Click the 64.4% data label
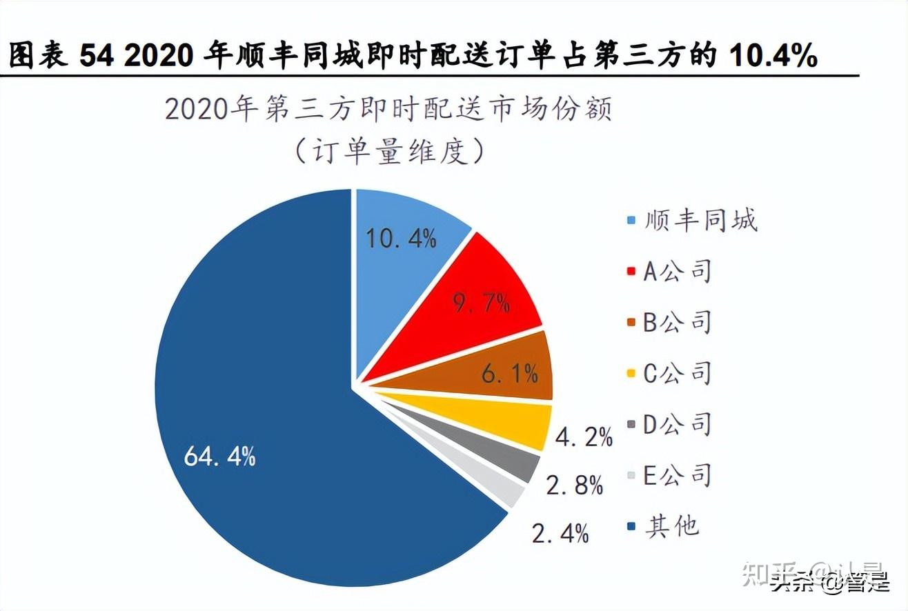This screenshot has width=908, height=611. (220, 456)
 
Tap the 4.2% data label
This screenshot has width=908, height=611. (584, 437)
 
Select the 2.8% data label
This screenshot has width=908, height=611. (574, 485)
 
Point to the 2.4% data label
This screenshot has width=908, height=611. (560, 533)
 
